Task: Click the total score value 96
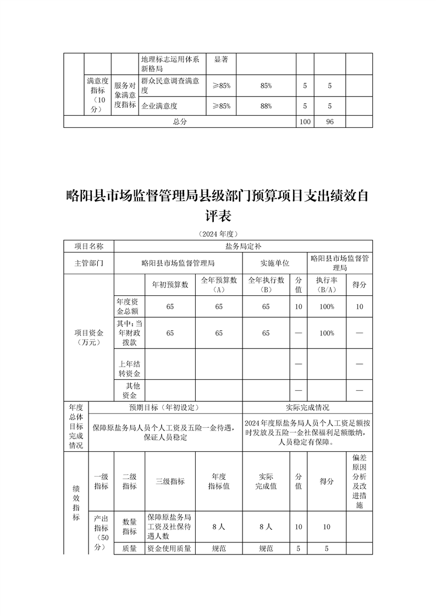(x=330, y=122)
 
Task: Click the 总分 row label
(x=180, y=122)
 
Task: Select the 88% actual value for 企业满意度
(x=266, y=106)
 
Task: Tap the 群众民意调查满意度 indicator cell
(x=170, y=86)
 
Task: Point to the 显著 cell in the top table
(x=220, y=58)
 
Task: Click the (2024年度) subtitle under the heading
(x=218, y=233)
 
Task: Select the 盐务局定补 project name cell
(x=243, y=247)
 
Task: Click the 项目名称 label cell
(x=89, y=247)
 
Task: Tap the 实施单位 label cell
(x=274, y=263)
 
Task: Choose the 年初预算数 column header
(x=170, y=284)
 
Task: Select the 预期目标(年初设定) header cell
(x=165, y=408)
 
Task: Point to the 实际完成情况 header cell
(x=307, y=408)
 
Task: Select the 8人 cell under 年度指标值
(x=219, y=527)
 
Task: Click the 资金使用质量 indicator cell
(x=170, y=548)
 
